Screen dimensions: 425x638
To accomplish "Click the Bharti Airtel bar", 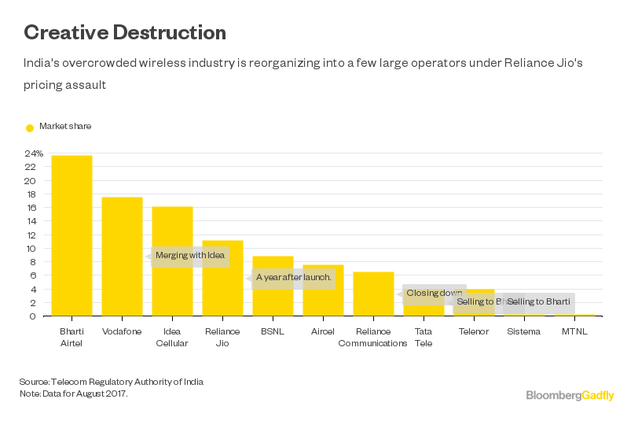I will click(x=71, y=236).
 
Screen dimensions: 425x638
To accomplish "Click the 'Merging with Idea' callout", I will click(x=189, y=256).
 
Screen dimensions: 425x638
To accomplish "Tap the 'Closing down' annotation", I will click(x=434, y=294).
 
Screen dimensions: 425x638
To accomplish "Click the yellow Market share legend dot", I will click(x=30, y=128).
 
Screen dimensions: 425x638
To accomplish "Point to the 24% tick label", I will click(x=34, y=153).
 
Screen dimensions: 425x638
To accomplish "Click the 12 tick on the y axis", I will click(x=31, y=235).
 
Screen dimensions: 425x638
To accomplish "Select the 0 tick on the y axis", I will click(x=33, y=316).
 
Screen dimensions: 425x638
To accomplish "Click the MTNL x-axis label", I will click(x=574, y=331).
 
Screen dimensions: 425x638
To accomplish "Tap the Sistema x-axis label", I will click(x=523, y=331).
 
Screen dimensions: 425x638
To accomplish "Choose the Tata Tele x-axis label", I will click(x=423, y=337).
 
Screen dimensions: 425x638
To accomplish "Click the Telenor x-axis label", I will click(x=474, y=331).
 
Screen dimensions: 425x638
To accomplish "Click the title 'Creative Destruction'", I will click(x=125, y=32).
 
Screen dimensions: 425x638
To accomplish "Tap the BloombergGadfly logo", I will click(x=570, y=395).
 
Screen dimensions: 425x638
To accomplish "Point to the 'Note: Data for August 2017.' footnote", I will click(x=73, y=393).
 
